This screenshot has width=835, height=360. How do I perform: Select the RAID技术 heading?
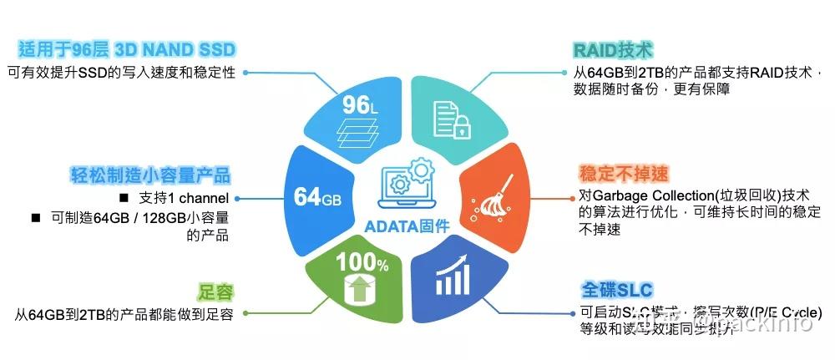tap(613, 49)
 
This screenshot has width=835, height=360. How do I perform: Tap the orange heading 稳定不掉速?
tap(624, 174)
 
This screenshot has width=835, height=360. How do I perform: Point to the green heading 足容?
tap(215, 292)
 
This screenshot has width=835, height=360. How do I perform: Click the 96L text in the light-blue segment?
tap(361, 105)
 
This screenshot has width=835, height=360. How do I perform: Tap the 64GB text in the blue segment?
tap(318, 198)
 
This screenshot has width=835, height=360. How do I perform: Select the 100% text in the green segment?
tap(362, 265)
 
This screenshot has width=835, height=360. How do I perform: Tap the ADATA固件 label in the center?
tap(407, 226)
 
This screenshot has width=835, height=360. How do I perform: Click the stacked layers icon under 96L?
tap(360, 134)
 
